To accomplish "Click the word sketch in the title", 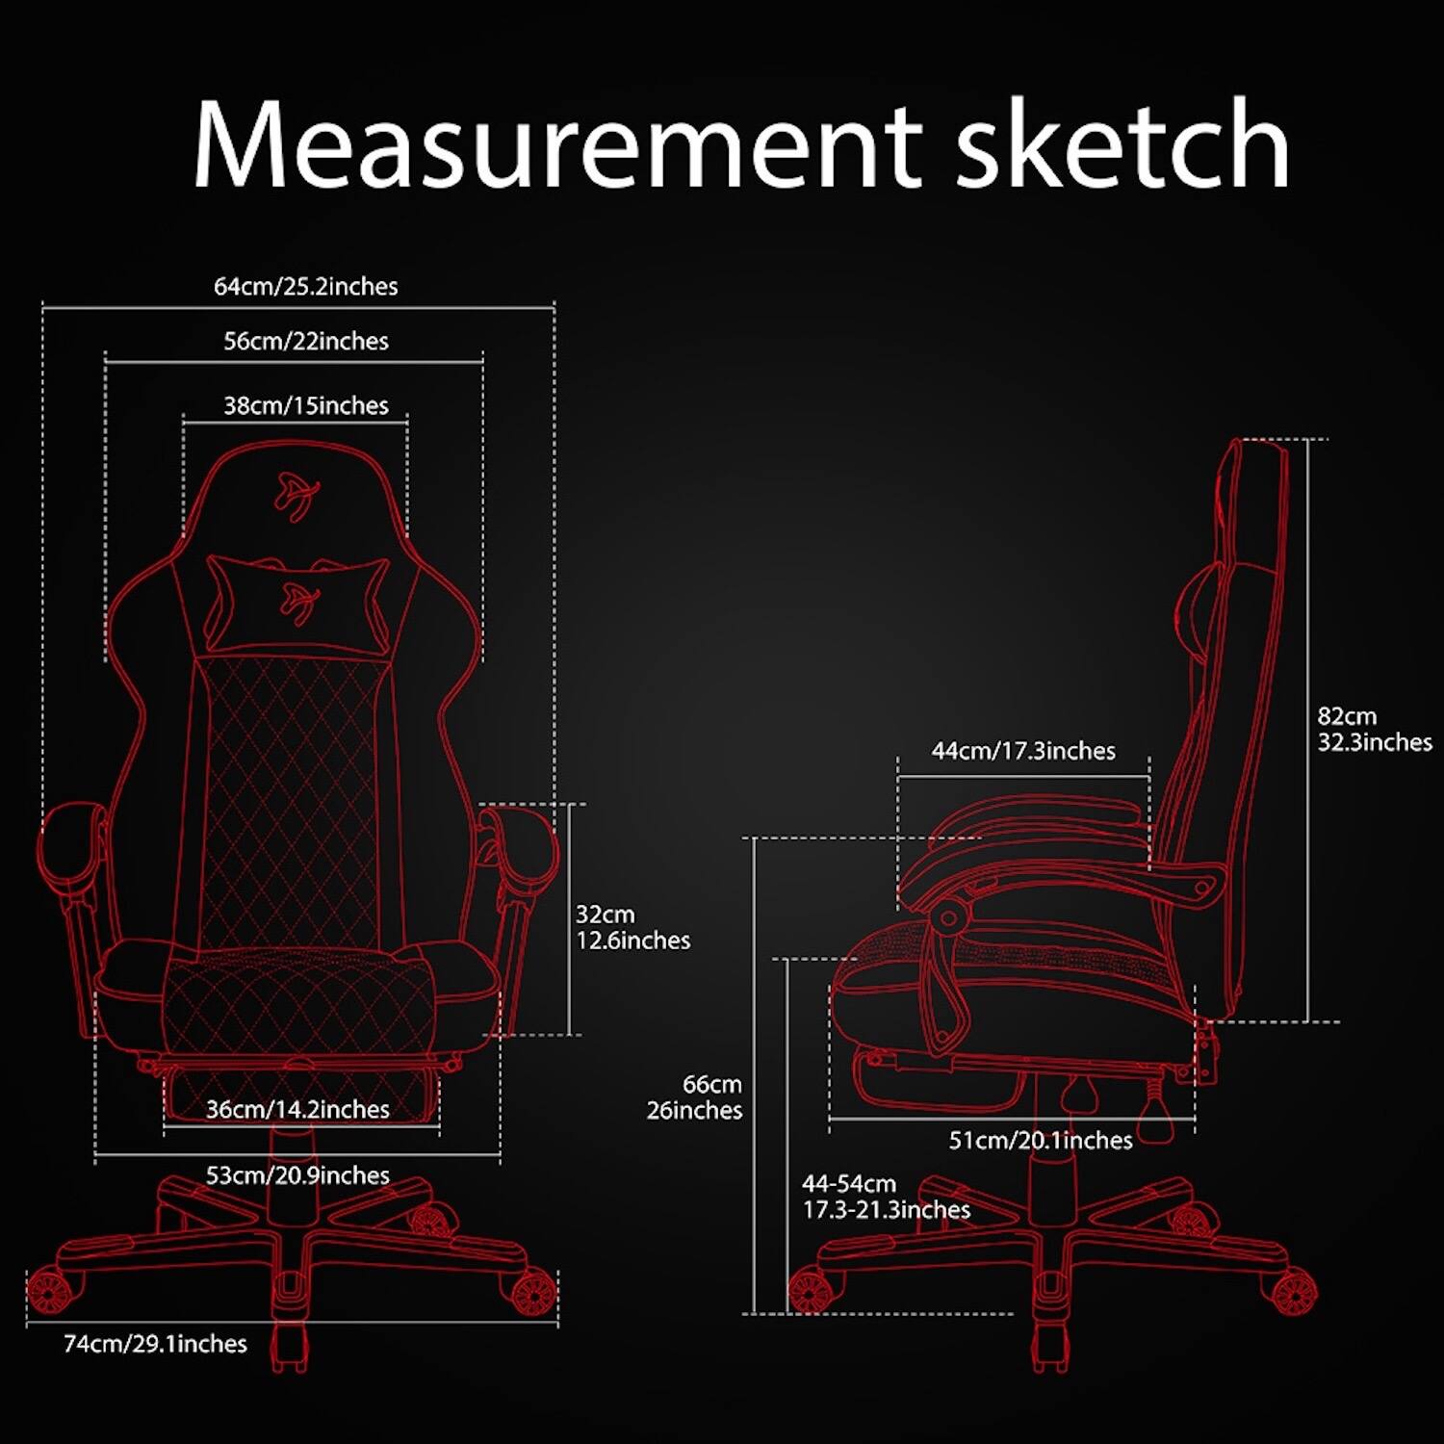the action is [x=1122, y=144].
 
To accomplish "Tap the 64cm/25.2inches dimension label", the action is [x=305, y=287].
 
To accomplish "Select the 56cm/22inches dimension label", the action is [x=306, y=342].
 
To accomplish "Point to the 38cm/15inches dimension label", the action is [x=306, y=406].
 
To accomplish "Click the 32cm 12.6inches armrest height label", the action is [x=632, y=927].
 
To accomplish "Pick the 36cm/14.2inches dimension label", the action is [x=297, y=1110].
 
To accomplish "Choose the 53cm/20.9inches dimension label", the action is [x=297, y=1175].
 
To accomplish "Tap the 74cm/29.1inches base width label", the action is [x=155, y=1344].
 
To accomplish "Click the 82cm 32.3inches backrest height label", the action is [x=1374, y=730].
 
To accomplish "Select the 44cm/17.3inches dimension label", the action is [x=1023, y=751].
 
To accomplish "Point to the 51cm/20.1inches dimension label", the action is [x=1041, y=1141].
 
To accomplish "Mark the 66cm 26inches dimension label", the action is [x=695, y=1097].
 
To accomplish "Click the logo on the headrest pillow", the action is [x=299, y=602].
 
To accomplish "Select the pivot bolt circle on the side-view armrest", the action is [x=948, y=917].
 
